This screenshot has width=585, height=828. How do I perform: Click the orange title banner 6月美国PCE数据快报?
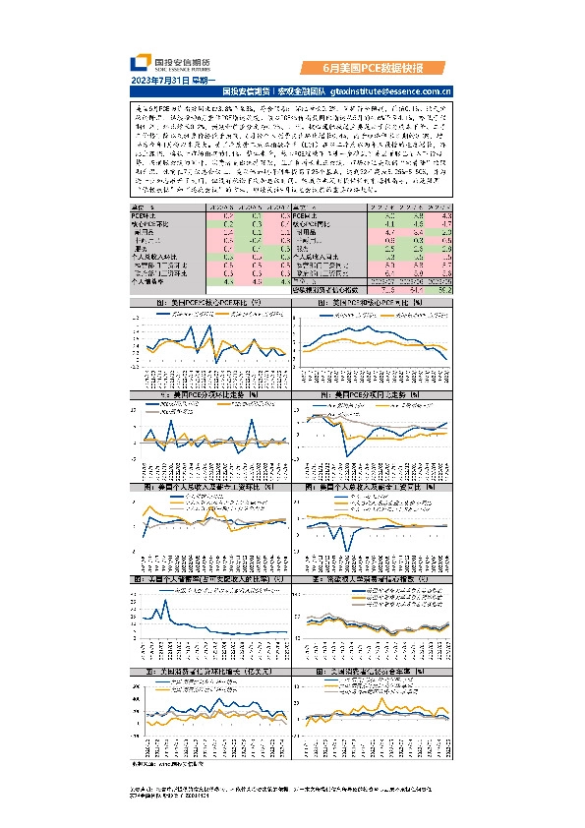[374, 69]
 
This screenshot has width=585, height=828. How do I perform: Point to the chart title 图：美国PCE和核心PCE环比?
[208, 304]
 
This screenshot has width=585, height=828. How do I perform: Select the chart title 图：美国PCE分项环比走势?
[208, 394]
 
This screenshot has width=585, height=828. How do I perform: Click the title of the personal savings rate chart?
[208, 580]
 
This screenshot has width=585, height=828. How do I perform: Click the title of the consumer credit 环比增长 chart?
[208, 671]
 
